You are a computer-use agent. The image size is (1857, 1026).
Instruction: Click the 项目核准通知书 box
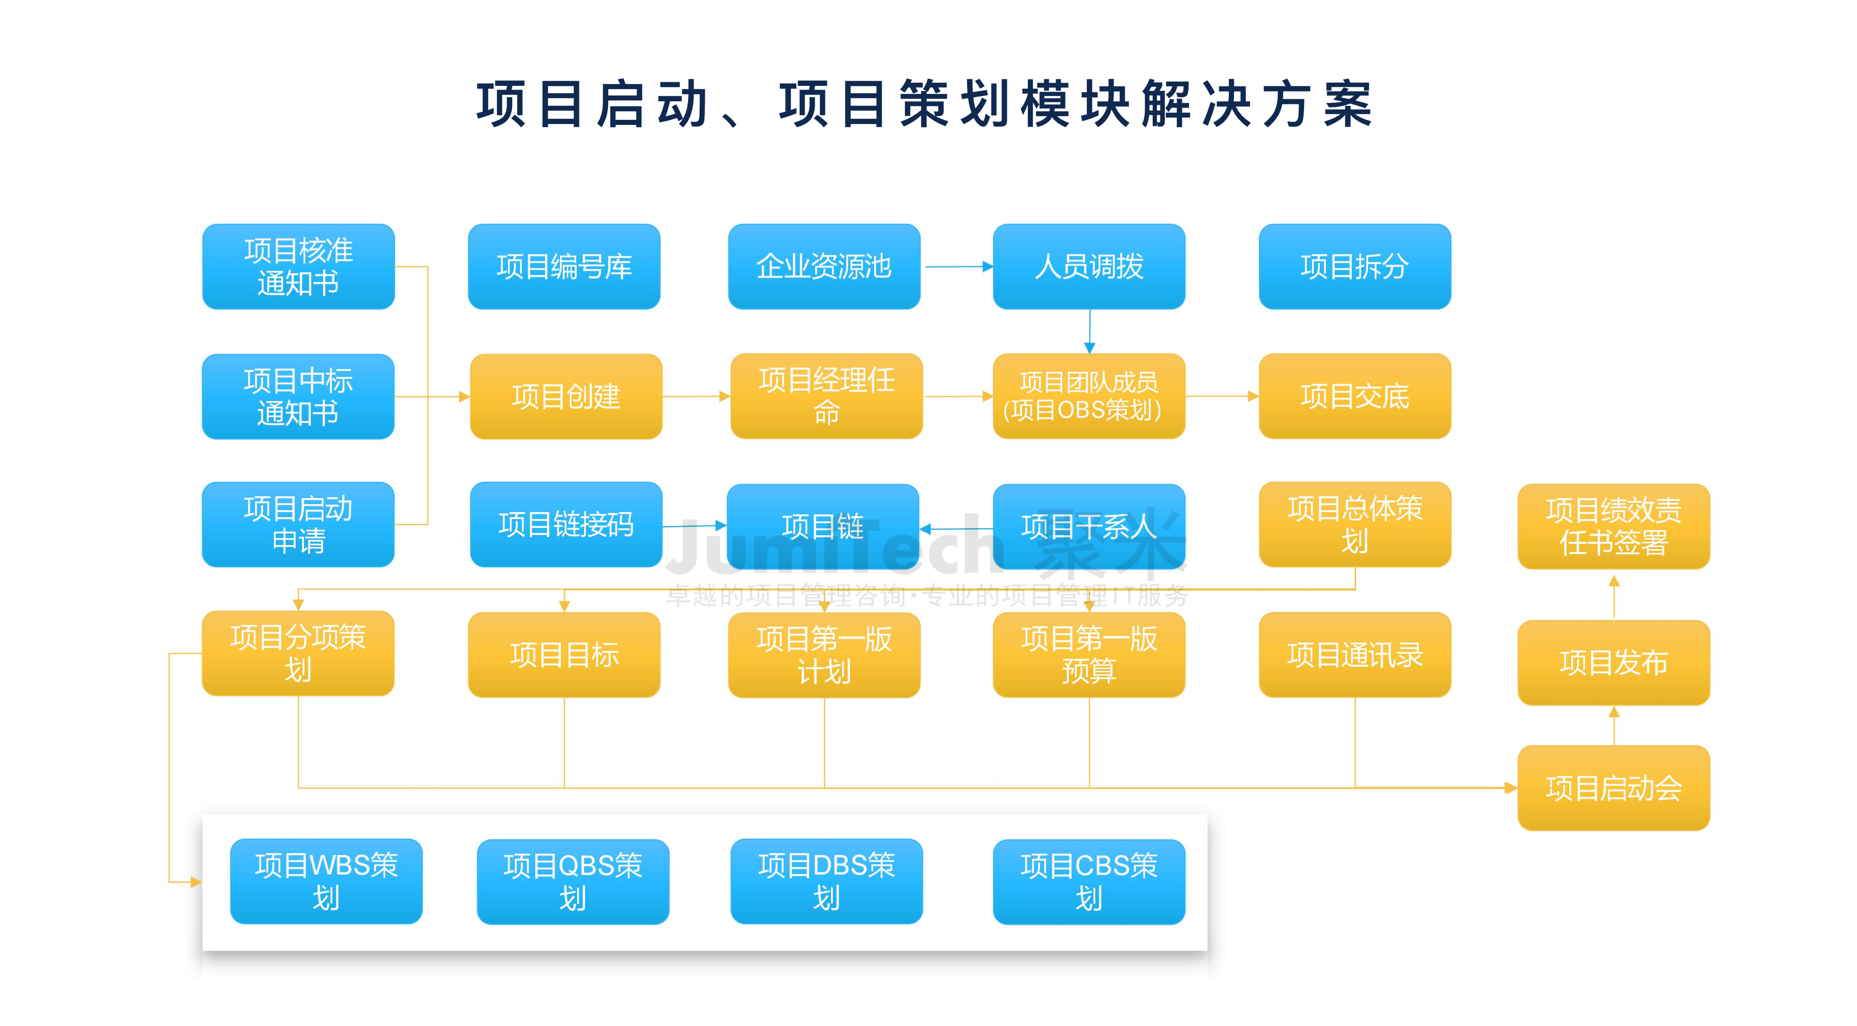[x=299, y=267]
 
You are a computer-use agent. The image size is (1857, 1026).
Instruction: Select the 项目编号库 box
[x=564, y=267]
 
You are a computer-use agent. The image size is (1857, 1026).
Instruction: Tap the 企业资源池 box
[x=824, y=267]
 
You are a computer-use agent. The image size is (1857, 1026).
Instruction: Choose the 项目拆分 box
[x=1355, y=267]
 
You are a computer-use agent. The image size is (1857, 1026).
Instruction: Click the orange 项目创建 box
[x=566, y=396]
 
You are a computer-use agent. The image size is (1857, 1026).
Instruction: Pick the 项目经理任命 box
[x=826, y=396]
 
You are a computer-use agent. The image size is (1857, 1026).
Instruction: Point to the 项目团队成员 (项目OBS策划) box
[x=1089, y=396]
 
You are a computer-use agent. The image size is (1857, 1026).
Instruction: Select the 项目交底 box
[x=1355, y=396]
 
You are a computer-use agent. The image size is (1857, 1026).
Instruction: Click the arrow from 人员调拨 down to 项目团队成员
[x=1089, y=331]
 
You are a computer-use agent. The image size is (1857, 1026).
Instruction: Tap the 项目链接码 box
[x=566, y=525]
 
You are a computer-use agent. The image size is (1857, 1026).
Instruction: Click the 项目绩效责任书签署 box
[x=1613, y=527]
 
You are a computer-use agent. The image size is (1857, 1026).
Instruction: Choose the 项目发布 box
[x=1613, y=662]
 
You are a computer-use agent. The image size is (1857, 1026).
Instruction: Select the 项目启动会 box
[x=1613, y=788]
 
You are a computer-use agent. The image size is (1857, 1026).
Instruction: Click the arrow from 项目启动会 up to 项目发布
[x=1613, y=725]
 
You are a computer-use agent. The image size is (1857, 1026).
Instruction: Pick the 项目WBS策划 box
[x=326, y=881]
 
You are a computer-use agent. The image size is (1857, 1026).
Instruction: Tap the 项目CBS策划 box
[x=1089, y=882]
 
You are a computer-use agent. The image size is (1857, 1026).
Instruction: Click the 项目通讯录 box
[x=1355, y=655]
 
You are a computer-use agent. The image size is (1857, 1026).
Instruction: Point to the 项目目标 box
[x=564, y=655]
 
